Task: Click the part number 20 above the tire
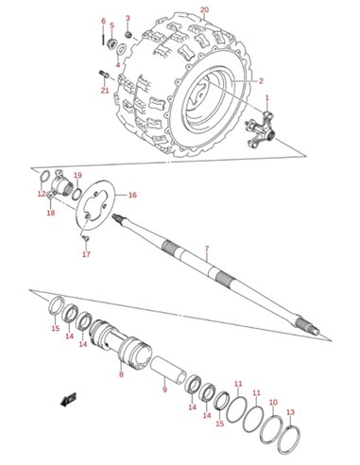204,9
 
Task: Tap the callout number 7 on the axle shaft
207,249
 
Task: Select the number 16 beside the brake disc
132,195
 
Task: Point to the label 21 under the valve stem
105,91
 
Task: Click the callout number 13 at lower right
291,412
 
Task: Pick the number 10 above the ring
273,403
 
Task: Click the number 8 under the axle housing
122,374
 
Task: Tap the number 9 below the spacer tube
164,389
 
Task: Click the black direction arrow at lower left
68,400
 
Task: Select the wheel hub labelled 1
260,130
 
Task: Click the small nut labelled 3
128,34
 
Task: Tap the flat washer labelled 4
121,50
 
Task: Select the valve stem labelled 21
104,75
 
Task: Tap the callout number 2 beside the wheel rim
261,81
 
